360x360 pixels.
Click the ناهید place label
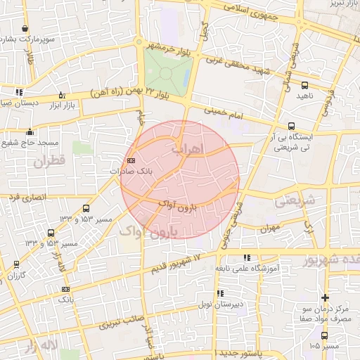[x=303, y=95]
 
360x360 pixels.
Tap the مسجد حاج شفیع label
[x=30, y=143]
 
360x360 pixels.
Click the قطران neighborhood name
[x=48, y=161]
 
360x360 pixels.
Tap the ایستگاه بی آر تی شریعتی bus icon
[x=291, y=126]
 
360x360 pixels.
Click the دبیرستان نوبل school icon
[x=220, y=293]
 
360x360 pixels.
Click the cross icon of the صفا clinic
[x=324, y=297]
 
